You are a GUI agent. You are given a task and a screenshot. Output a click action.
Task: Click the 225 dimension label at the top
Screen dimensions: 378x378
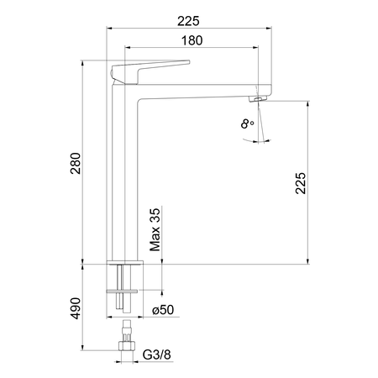pyautogui.click(x=188, y=21)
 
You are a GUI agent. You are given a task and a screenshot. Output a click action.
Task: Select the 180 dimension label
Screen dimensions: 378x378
pyautogui.click(x=192, y=40)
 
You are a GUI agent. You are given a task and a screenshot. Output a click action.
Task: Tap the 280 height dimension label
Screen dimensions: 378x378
pyautogui.click(x=76, y=163)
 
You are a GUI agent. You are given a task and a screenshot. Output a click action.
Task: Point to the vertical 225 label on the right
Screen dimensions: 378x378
pyautogui.click(x=301, y=183)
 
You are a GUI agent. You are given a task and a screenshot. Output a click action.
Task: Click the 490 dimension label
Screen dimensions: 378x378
pyautogui.click(x=76, y=308)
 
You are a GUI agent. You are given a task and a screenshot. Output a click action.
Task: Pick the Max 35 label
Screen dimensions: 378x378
pyautogui.click(x=155, y=229)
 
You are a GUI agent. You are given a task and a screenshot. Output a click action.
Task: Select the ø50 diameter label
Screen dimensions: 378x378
pyautogui.click(x=163, y=310)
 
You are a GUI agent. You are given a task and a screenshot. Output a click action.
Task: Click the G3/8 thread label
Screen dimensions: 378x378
pyautogui.click(x=156, y=354)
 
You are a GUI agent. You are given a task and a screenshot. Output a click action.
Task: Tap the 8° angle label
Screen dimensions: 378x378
pyautogui.click(x=247, y=123)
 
